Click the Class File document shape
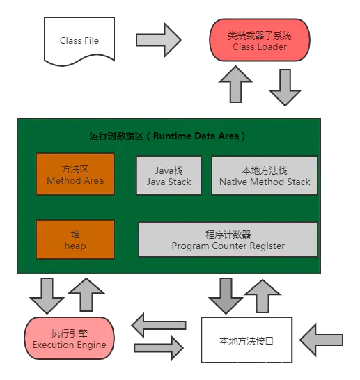point(79,40)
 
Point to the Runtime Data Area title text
point(168,136)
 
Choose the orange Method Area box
point(75,175)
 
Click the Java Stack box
point(169,175)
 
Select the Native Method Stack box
point(265,175)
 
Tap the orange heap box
point(75,240)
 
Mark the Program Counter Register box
point(228,240)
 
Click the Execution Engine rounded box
point(69,338)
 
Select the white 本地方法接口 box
point(246,340)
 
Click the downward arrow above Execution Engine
point(47,296)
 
